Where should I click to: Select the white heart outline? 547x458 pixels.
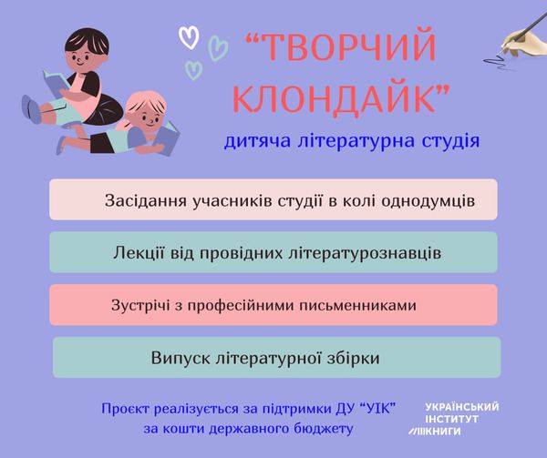(x=189, y=37)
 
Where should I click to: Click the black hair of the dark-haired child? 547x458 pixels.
(x=88, y=40)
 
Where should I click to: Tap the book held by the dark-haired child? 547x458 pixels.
(x=56, y=84)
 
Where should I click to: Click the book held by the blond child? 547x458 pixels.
(x=167, y=138)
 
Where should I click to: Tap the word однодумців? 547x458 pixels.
(x=428, y=201)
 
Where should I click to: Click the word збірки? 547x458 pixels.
(x=354, y=358)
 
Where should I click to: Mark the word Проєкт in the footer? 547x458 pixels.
(x=125, y=409)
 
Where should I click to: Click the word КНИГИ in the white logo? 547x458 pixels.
(x=443, y=432)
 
